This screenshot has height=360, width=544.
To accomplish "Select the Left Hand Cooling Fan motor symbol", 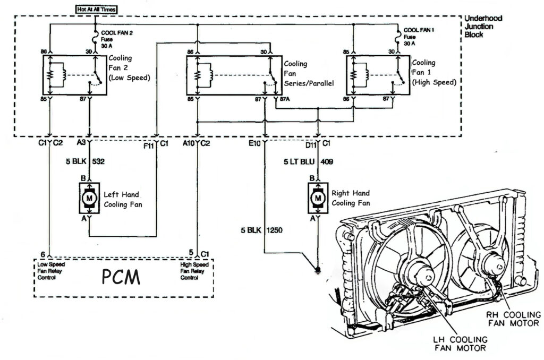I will pos(89,198).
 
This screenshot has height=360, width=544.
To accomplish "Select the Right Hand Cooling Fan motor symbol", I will pos(318,198).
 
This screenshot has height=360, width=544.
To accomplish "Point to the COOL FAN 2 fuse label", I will pos(116,38).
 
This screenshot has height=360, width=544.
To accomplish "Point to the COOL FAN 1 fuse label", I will pos(419,37).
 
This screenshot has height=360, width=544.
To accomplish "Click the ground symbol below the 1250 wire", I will pos(318,269).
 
